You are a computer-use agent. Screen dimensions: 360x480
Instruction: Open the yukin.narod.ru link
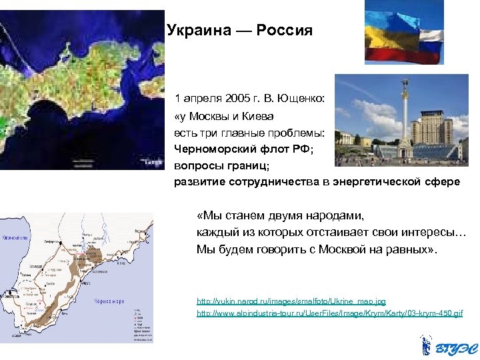291,302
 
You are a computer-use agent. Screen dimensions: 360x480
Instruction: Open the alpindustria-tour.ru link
329,313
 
